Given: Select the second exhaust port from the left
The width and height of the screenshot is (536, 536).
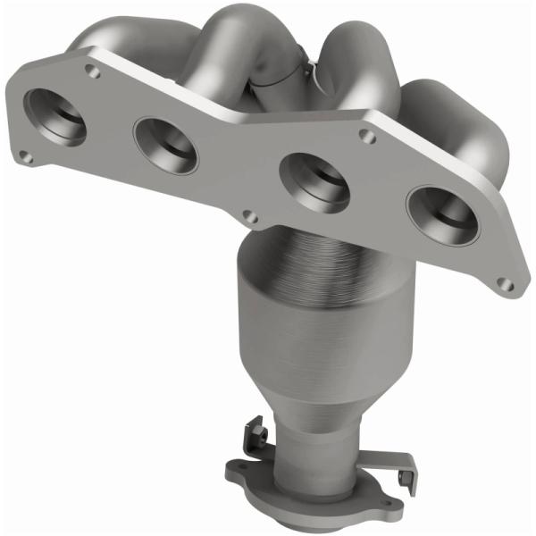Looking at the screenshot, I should (x=165, y=144).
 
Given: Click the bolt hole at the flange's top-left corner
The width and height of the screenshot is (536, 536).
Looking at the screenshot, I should (x=93, y=68).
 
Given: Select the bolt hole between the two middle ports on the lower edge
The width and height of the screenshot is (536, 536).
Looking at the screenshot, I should (x=251, y=216).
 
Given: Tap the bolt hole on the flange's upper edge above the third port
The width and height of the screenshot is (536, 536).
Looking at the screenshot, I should (x=363, y=135).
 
